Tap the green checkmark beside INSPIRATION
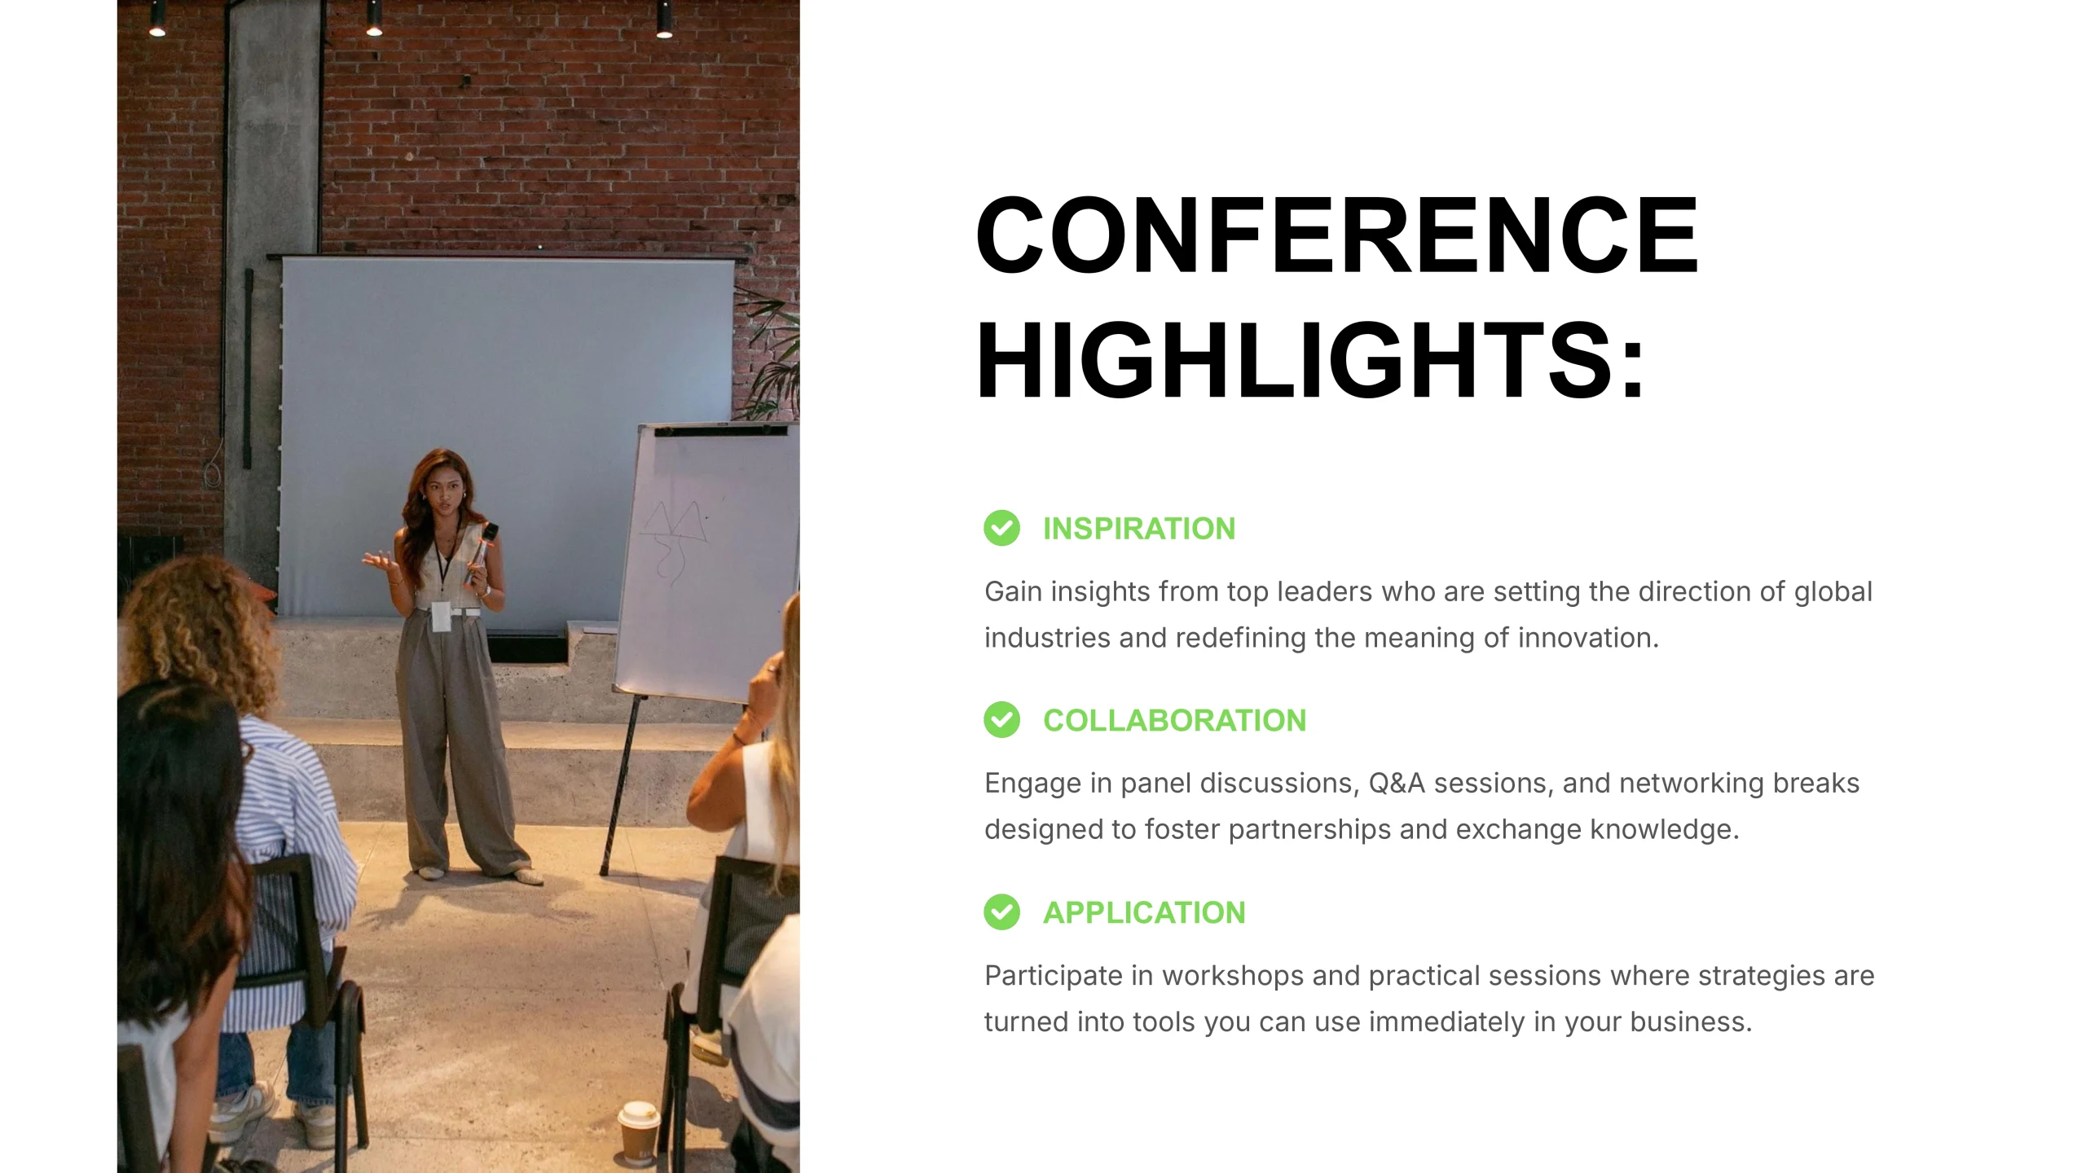pos(1001,528)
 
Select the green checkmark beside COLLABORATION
pos(1001,720)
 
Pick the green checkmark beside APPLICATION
pos(1001,912)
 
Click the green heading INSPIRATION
pos(1139,529)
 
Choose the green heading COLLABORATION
pos(1174,721)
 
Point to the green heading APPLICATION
pos(1144,913)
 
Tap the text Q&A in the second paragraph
pos(1397,783)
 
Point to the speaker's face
pos(441,492)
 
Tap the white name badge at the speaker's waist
pos(441,616)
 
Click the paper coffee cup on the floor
pos(638,1132)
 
